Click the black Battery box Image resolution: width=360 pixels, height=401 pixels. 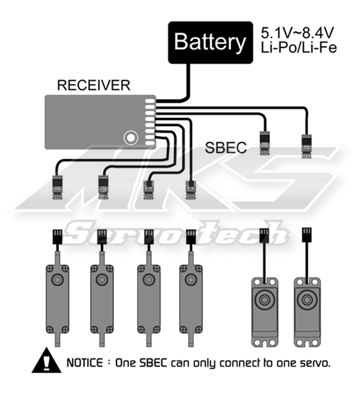coord(210,42)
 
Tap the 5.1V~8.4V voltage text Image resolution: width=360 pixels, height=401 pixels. coord(297,32)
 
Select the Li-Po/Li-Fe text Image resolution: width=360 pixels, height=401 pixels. coord(299,48)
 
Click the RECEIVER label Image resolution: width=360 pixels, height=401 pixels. coord(94,85)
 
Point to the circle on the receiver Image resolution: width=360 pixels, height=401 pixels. coord(131,138)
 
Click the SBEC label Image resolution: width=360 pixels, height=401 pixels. coord(226,148)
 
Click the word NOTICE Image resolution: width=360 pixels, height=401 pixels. coord(85,363)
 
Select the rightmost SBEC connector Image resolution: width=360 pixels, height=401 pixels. coord(306,146)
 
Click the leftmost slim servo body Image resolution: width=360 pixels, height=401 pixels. coord(58,299)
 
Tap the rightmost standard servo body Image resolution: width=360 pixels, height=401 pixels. coord(307,312)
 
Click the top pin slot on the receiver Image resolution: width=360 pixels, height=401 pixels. coord(150,101)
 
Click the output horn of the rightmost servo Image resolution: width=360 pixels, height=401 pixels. coord(307,299)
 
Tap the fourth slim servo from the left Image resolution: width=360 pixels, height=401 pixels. coord(191,299)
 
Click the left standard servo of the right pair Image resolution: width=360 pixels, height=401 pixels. coord(265,312)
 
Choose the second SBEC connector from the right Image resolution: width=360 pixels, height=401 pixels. coord(264,143)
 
